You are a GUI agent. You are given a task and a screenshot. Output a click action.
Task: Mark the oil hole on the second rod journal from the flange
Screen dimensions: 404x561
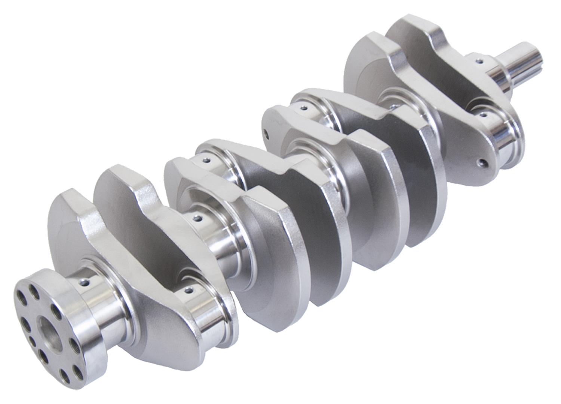(x=205, y=161)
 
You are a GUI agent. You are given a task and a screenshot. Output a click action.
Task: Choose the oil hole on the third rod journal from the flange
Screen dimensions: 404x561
(x=304, y=108)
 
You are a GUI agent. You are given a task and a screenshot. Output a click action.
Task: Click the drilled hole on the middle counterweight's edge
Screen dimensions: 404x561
(x=266, y=133)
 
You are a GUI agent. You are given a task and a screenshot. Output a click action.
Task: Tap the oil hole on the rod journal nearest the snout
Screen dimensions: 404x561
(x=482, y=115)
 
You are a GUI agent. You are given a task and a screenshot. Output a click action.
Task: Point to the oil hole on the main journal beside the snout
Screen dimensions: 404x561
(x=478, y=60)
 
